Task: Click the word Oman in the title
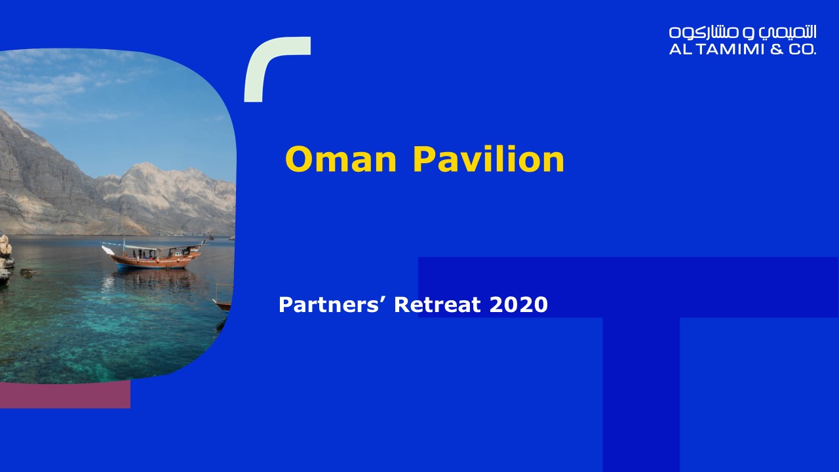(x=340, y=159)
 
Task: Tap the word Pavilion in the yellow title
(x=488, y=159)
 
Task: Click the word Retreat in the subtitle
(x=437, y=305)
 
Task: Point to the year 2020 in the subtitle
(x=518, y=305)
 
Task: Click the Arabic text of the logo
(x=743, y=32)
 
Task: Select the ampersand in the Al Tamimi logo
(x=777, y=49)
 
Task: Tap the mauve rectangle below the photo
(x=65, y=395)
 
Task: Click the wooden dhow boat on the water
(x=153, y=255)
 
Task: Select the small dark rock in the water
(x=28, y=273)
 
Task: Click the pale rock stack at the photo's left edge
(x=5, y=258)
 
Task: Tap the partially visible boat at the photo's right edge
(x=224, y=300)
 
